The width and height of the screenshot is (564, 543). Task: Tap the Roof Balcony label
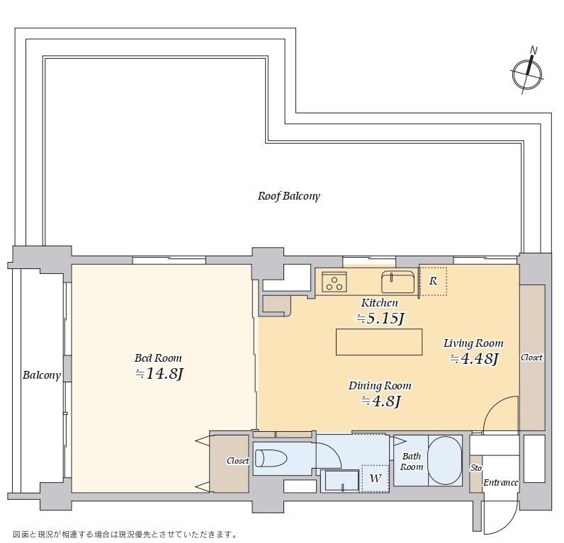288,196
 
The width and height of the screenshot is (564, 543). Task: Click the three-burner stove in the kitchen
334,281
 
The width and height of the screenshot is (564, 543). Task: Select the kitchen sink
397,281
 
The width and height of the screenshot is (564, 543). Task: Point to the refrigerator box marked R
433,281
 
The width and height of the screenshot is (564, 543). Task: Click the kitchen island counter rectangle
379,342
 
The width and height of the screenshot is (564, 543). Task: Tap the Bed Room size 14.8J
159,374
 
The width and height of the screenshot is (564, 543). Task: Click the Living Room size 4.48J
474,359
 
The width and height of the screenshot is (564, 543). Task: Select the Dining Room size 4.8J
380,401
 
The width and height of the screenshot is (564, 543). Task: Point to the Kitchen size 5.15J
380,319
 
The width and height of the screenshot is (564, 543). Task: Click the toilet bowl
271,459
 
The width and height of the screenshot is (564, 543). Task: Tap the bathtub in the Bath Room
445,461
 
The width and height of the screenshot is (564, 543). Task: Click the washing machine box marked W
375,479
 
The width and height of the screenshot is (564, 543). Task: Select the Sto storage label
476,468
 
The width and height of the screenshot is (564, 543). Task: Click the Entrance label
501,483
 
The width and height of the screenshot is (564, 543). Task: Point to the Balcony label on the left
41,375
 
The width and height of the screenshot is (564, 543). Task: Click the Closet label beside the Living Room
531,358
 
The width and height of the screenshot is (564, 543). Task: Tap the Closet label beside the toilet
238,461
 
